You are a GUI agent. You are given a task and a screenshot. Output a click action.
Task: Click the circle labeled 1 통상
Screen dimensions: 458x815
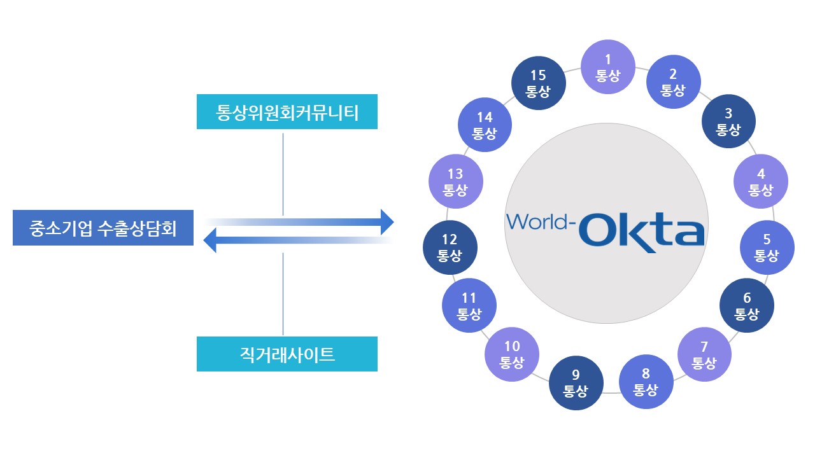click(608, 67)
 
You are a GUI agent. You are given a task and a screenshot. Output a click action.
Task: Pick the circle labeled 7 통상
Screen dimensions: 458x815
click(704, 354)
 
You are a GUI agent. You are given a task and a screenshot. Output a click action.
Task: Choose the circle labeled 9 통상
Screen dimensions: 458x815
click(576, 383)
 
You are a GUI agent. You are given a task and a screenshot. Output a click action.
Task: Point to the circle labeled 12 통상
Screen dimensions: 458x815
click(450, 247)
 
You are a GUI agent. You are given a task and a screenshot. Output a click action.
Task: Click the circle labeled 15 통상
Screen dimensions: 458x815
click(538, 83)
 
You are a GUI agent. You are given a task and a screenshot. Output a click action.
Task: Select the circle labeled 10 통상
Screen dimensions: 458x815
click(512, 354)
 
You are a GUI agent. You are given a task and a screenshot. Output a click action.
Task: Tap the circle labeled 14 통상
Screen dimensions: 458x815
click(485, 125)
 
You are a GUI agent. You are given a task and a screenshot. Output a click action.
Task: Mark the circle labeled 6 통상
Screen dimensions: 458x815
click(747, 305)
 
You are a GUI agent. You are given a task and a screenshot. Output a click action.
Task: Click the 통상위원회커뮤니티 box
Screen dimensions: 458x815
click(287, 112)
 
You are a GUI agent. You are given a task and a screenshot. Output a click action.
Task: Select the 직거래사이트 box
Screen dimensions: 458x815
click(287, 354)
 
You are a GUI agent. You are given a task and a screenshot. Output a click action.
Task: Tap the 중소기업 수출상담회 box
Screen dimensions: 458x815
click(103, 228)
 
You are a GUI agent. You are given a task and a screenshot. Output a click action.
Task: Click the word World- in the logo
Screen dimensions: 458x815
click(541, 222)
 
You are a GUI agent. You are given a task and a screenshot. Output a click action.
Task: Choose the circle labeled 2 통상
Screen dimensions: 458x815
click(674, 83)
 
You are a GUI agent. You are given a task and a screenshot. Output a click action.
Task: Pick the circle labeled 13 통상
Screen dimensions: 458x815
click(456, 182)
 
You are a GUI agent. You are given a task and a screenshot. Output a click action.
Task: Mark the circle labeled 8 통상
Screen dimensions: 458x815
click(646, 381)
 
